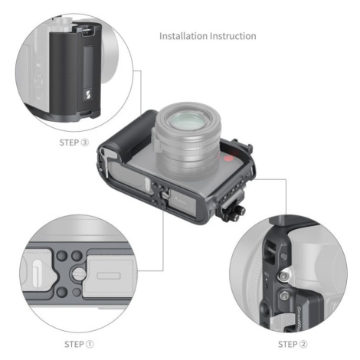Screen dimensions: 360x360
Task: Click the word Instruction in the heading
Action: pyautogui.click(x=233, y=36)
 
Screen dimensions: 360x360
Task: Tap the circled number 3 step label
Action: pyautogui.click(x=85, y=142)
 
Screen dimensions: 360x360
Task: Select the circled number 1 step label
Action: pyautogui.click(x=90, y=344)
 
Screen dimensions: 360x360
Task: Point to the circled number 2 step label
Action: pyautogui.click(x=303, y=344)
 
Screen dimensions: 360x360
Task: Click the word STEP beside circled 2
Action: pyautogui.click(x=288, y=344)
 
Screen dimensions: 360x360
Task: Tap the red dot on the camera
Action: pyautogui.click(x=228, y=159)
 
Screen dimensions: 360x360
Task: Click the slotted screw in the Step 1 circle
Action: pyautogui.click(x=80, y=273)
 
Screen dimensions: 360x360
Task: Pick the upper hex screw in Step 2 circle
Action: pyautogui.click(x=284, y=277)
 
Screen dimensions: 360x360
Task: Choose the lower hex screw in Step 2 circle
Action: pyautogui.click(x=284, y=296)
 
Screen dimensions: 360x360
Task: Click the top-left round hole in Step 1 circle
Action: pyautogui.click(x=62, y=255)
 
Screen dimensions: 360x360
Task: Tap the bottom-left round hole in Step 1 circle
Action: pyautogui.click(x=62, y=292)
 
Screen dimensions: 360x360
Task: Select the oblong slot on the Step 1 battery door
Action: pyautogui.click(x=109, y=276)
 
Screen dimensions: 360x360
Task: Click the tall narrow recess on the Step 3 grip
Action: pyautogui.click(x=88, y=66)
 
